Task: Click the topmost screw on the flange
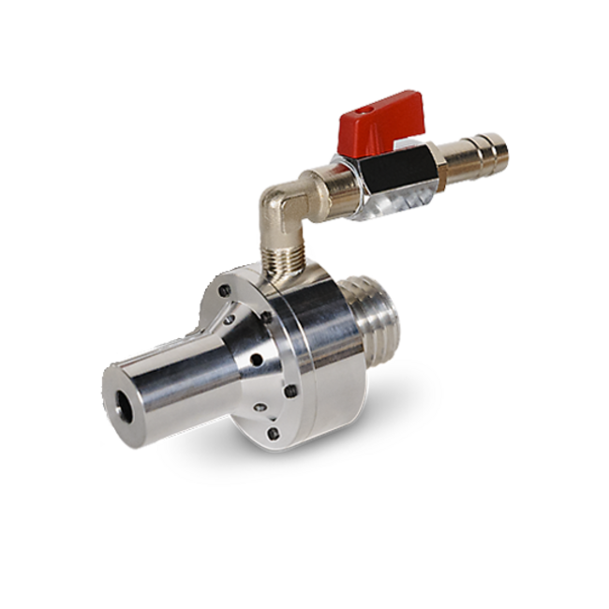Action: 225,292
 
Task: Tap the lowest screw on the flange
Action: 273,433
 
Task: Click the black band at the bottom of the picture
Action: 304,582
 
